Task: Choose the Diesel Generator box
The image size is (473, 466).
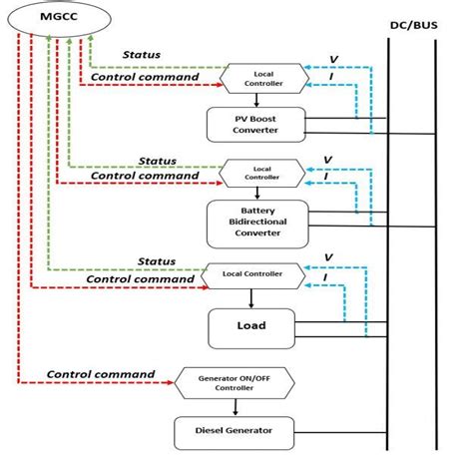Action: click(235, 431)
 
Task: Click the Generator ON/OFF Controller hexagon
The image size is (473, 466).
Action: click(235, 379)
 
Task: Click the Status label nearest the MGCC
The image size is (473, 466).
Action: click(143, 55)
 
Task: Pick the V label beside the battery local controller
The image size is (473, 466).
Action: click(326, 158)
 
